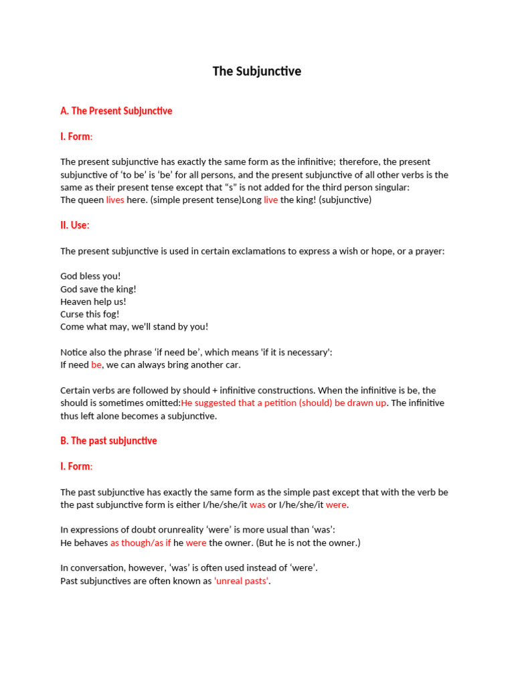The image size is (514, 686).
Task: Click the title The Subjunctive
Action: click(257, 71)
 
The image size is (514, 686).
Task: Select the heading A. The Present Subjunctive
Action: click(116, 111)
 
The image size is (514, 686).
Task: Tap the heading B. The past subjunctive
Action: click(108, 441)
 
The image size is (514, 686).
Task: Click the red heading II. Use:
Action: click(74, 225)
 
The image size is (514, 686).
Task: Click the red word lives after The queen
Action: click(115, 200)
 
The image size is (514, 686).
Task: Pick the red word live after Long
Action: click(270, 200)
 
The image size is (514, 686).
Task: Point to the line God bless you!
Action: click(90, 276)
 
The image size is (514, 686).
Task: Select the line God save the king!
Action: click(98, 289)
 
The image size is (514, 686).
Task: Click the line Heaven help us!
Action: click(93, 301)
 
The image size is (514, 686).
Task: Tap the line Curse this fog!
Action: click(90, 314)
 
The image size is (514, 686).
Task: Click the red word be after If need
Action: click(96, 365)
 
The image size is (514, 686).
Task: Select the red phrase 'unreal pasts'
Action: click(242, 581)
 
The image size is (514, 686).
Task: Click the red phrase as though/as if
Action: click(141, 543)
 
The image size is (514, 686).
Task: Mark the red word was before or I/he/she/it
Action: click(258, 504)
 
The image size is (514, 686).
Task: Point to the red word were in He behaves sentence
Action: click(196, 543)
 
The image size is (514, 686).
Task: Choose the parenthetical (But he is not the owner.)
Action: click(308, 543)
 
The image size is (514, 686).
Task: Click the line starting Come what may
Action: click(134, 327)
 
